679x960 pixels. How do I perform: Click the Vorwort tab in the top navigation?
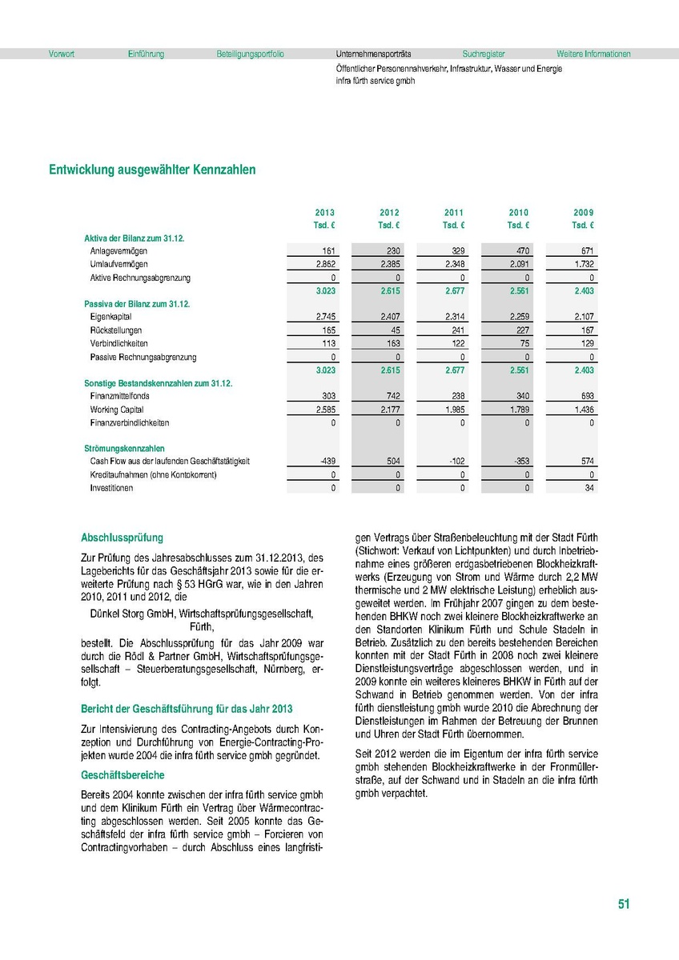[x=62, y=54]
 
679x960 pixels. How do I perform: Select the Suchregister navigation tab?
[x=484, y=54]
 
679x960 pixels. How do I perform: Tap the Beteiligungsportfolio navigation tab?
[x=250, y=54]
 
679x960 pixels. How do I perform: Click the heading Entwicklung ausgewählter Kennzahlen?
[x=152, y=170]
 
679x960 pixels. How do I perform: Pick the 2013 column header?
[x=325, y=212]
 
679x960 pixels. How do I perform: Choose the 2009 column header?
[x=584, y=212]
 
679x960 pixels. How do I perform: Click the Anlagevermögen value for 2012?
[x=390, y=251]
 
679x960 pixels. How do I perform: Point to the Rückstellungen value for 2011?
[x=455, y=330]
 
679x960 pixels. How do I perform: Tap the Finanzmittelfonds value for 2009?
[x=586, y=396]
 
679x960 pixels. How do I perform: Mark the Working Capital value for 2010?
[x=518, y=410]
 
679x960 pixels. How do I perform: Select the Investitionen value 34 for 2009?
[x=589, y=488]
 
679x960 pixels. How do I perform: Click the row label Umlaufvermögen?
[x=119, y=264]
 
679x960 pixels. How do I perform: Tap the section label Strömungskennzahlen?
[x=124, y=449]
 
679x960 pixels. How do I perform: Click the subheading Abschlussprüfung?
[x=123, y=538]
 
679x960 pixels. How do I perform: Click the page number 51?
[x=624, y=904]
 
